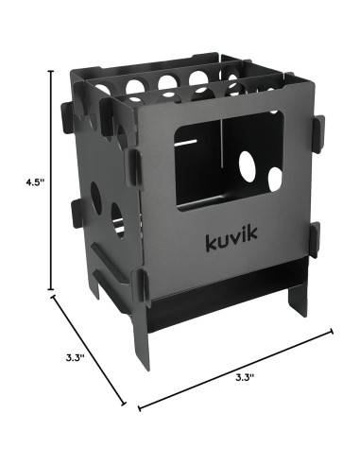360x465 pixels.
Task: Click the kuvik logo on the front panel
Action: click(231, 238)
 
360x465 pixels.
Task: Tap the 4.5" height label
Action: click(33, 182)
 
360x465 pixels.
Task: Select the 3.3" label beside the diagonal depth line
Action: click(75, 358)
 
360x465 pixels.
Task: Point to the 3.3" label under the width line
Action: click(245, 377)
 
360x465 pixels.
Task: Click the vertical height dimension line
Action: click(51, 181)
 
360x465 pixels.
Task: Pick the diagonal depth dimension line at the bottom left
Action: click(89, 350)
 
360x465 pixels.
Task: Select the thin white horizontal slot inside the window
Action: click(186, 143)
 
